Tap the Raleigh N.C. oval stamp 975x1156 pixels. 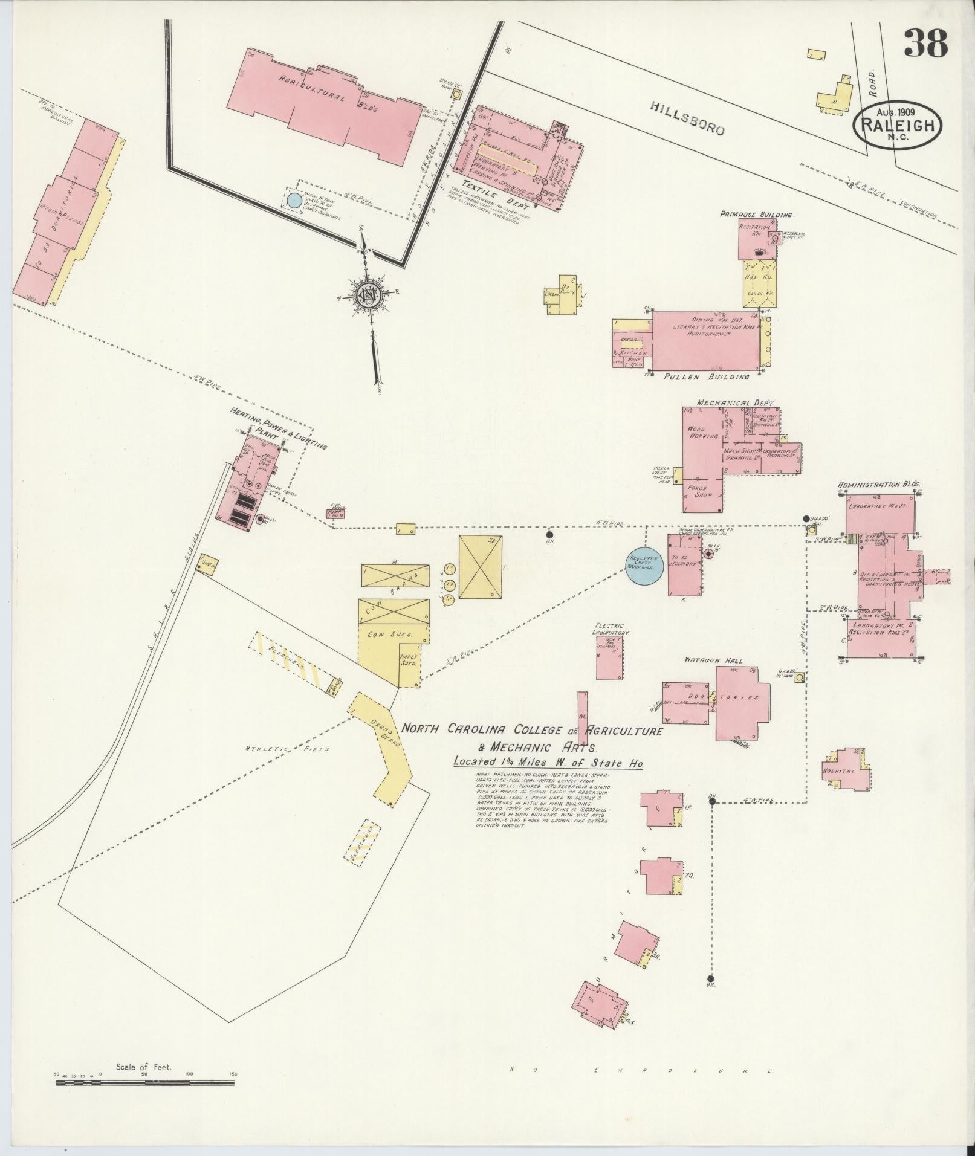[x=898, y=126]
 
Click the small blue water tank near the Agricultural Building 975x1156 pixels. [x=294, y=200]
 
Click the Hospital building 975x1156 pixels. [x=846, y=770]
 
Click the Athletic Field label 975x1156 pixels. [x=287, y=748]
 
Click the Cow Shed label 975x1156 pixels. [x=389, y=635]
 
